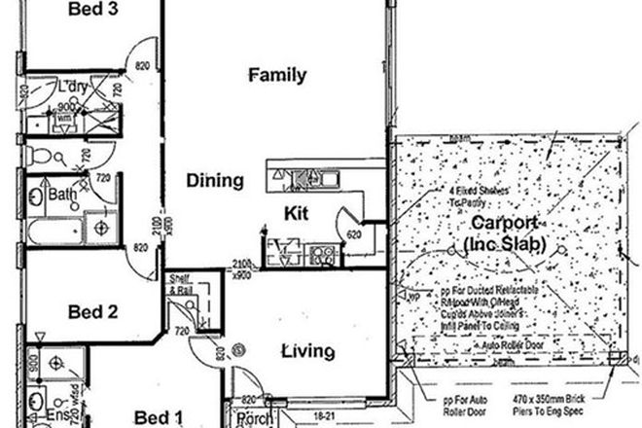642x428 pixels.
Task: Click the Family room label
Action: pyautogui.click(x=277, y=75)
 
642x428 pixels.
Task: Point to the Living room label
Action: pyautogui.click(x=308, y=351)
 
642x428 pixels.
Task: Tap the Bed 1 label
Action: pyautogui.click(x=158, y=416)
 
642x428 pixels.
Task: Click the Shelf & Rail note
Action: pyautogui.click(x=180, y=284)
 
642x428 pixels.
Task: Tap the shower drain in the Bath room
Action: pyautogui.click(x=100, y=228)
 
